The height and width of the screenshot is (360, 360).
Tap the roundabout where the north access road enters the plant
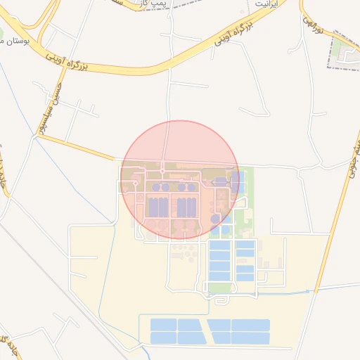(x=162, y=171)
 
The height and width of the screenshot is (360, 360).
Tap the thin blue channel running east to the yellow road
(x=281, y=292)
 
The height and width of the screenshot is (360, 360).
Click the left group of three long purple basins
(x=158, y=208)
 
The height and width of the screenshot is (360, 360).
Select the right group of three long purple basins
(x=186, y=208)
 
